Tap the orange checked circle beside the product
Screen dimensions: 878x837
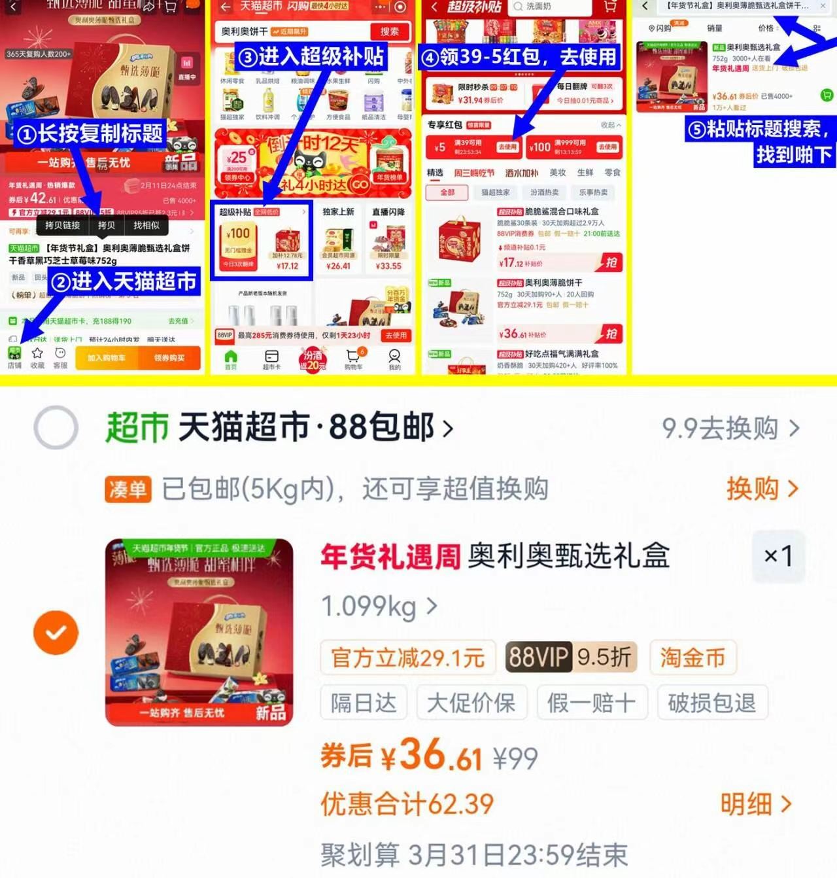pos(56,633)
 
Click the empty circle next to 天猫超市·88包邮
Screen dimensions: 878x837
pos(56,428)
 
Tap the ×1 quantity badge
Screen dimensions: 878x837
pos(778,556)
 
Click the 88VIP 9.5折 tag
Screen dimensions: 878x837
pos(570,657)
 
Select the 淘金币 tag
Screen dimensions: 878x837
pos(692,657)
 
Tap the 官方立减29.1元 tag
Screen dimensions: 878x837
pos(408,657)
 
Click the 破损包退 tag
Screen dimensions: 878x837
pos(711,703)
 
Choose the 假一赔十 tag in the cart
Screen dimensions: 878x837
pos(591,703)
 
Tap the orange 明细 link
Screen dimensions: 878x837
pos(756,804)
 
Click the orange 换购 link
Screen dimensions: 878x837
pos(762,489)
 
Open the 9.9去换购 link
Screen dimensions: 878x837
pos(730,429)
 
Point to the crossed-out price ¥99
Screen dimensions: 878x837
pos(515,759)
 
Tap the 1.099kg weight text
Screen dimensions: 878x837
pos(369,606)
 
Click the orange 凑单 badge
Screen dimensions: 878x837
pos(128,489)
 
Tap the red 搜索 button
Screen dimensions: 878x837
pos(390,31)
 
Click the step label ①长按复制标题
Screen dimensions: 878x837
pos(90,133)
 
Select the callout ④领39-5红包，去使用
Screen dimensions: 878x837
pos(519,57)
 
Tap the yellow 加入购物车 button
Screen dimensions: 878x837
pos(106,358)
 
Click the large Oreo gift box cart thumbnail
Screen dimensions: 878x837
pos(199,632)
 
